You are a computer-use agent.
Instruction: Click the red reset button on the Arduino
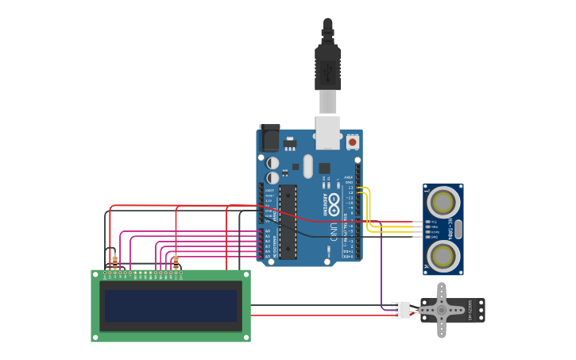click(x=352, y=141)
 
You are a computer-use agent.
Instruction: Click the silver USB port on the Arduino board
click(x=327, y=132)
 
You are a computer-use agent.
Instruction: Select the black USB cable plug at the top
click(x=327, y=68)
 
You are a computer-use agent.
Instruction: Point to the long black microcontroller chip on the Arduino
click(x=287, y=222)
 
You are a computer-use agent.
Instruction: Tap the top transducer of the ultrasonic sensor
click(x=442, y=203)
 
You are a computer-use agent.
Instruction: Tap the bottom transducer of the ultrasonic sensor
click(x=442, y=255)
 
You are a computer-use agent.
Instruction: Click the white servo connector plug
click(x=400, y=310)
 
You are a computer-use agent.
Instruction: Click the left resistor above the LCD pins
click(x=114, y=262)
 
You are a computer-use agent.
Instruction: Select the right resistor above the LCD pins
click(x=176, y=263)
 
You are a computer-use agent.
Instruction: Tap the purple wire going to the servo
click(x=381, y=270)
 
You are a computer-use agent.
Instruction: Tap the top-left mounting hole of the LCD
click(x=96, y=274)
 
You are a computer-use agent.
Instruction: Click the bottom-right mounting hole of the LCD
click(x=245, y=337)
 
